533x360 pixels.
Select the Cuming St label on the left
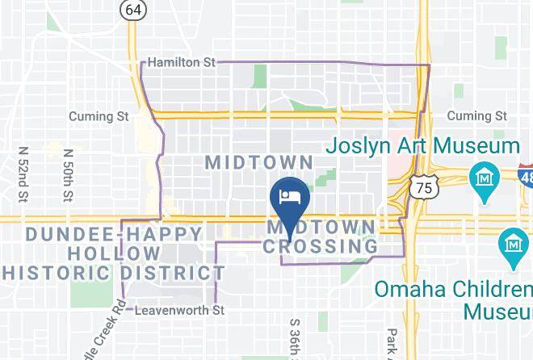tap(99, 116)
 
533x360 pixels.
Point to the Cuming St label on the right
tap(476, 116)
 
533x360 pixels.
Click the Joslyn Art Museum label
tap(423, 146)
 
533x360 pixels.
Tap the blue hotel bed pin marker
tap(288, 196)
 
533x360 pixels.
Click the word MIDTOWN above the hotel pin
tap(258, 161)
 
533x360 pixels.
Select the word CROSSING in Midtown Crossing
tap(321, 245)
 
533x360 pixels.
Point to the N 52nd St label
tap(23, 174)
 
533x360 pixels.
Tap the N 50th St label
tap(68, 174)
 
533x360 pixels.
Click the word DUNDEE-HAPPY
tap(114, 234)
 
